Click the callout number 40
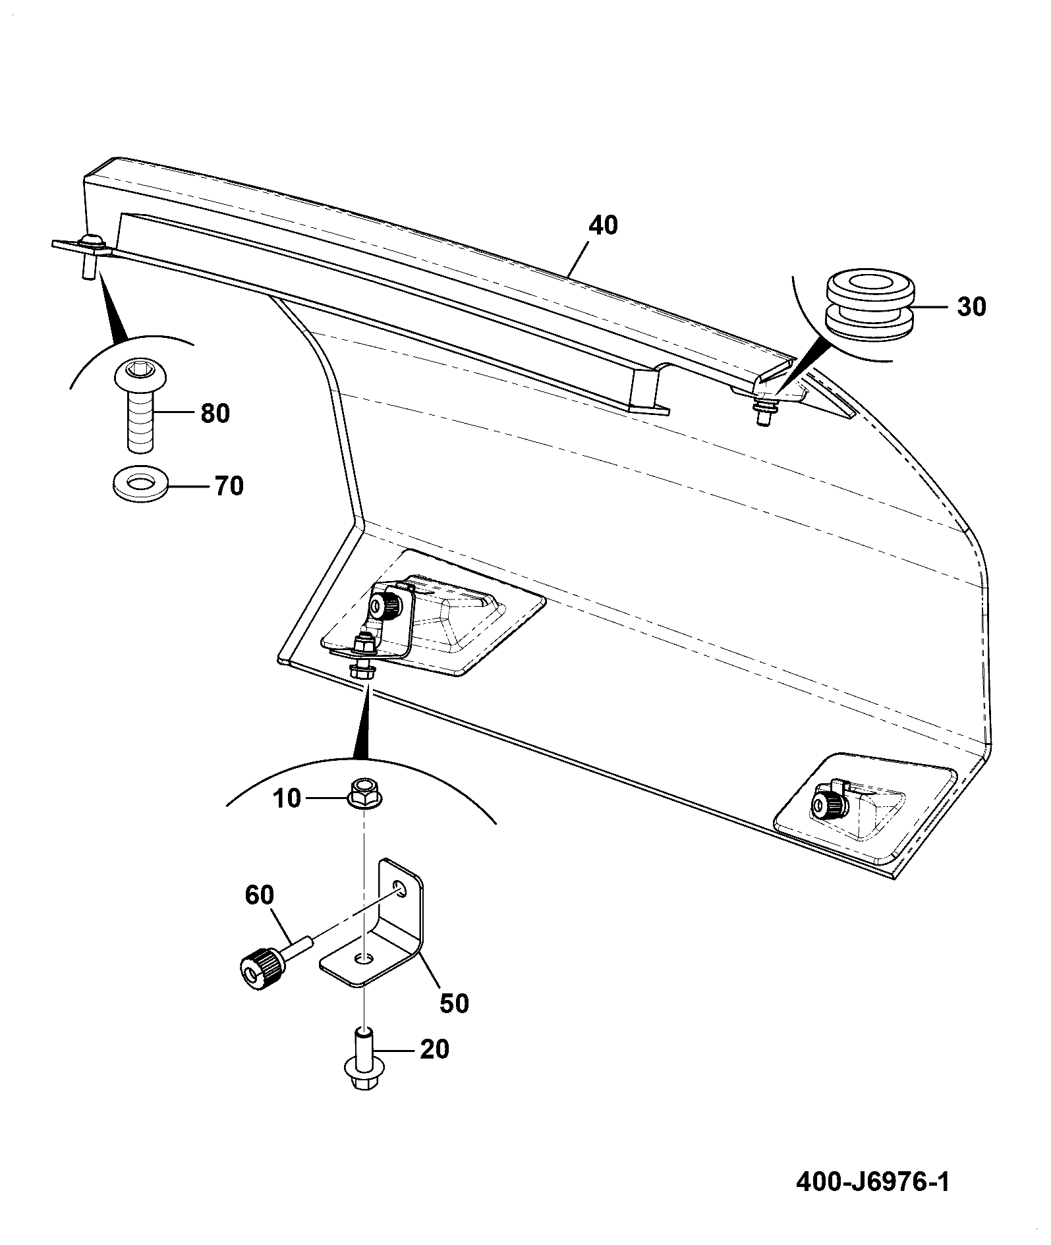604,226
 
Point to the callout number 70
227,486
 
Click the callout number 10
286,798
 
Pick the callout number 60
260,895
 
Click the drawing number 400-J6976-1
873,1182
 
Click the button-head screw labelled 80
140,406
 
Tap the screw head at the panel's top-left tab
93,242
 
